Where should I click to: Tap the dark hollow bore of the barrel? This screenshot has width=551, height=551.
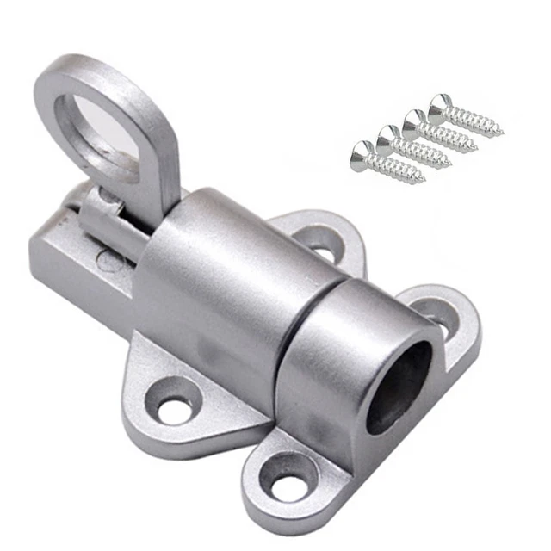(x=398, y=386)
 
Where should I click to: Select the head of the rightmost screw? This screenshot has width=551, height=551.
(x=440, y=104)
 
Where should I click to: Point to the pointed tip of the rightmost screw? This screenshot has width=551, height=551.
(x=501, y=133)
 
